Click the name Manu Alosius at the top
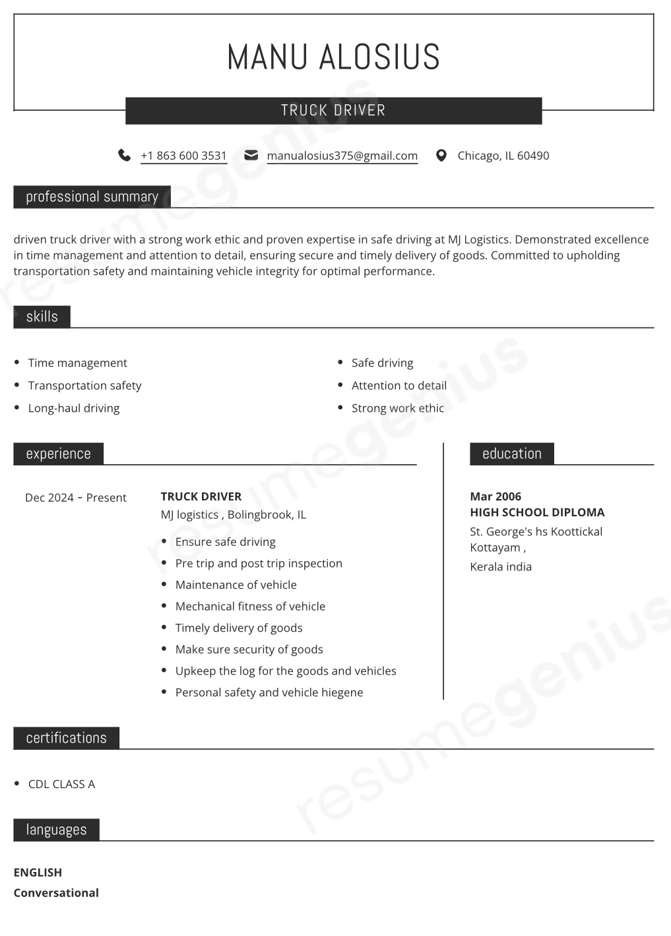click(x=333, y=57)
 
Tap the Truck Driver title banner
click(x=333, y=110)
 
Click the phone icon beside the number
click(x=124, y=155)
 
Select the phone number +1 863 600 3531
click(x=183, y=156)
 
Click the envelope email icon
click(x=251, y=155)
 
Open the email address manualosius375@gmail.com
click(x=342, y=156)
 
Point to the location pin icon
click(x=441, y=156)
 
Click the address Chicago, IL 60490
click(x=503, y=156)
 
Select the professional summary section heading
click(x=92, y=197)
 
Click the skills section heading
click(x=42, y=317)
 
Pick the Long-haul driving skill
click(x=74, y=408)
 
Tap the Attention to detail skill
click(x=399, y=385)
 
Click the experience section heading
click(x=58, y=454)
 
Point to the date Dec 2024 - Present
click(x=75, y=498)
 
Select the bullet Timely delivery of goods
click(x=238, y=628)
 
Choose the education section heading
click(x=511, y=454)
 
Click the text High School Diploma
click(x=537, y=512)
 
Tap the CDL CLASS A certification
click(x=61, y=784)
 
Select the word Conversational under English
click(x=56, y=893)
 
